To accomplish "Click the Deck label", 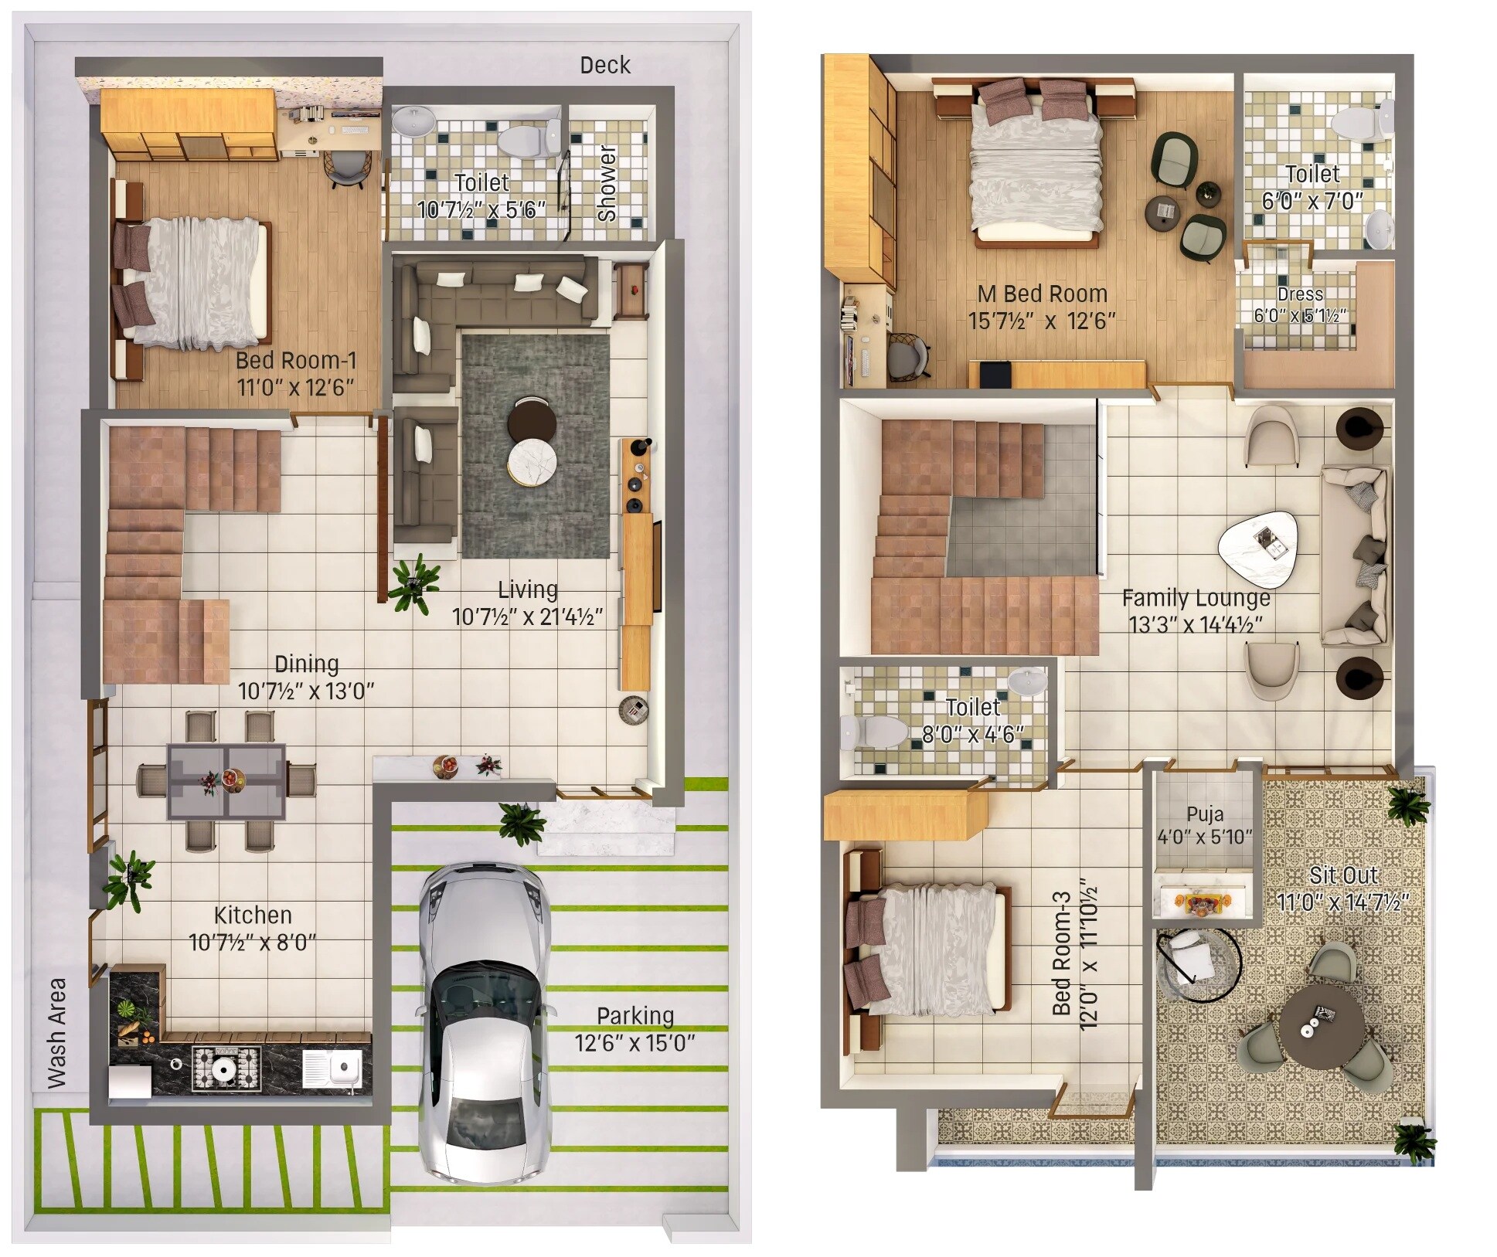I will [x=604, y=65].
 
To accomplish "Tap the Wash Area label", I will [x=56, y=1033].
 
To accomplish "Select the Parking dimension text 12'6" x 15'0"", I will [x=635, y=1043].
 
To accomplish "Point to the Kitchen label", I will [x=253, y=916].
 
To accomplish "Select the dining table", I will [x=226, y=781].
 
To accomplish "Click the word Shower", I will [x=607, y=183].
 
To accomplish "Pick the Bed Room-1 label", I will [x=296, y=360].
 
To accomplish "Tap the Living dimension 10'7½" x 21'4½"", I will [x=527, y=617].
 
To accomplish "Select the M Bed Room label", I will [x=1042, y=294].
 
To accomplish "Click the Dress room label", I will [x=1300, y=294].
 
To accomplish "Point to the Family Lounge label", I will [x=1196, y=597].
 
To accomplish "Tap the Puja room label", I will [x=1205, y=814].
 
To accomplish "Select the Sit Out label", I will [x=1343, y=875].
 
